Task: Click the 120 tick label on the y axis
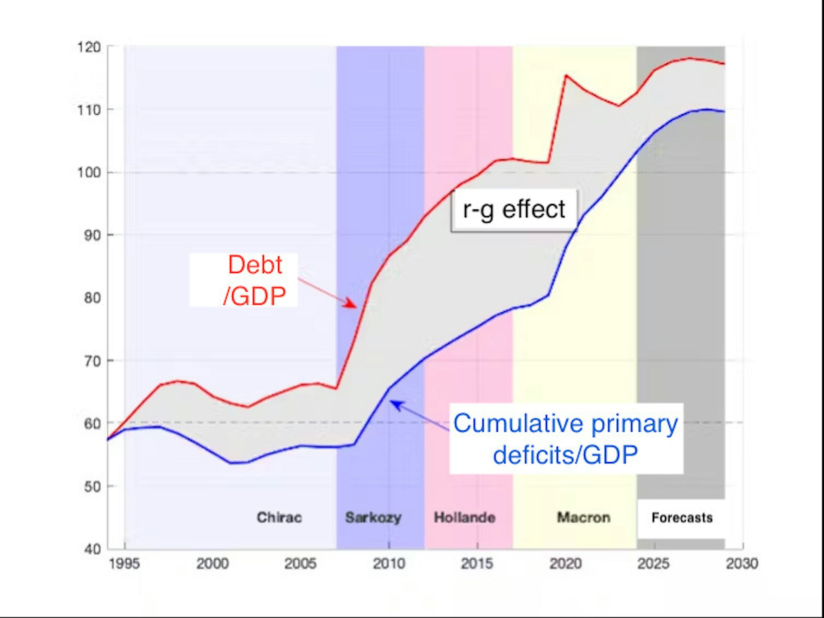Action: click(x=89, y=47)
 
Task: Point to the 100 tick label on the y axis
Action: click(x=89, y=173)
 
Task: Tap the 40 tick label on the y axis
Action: click(x=92, y=549)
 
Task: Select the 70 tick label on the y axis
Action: click(x=92, y=361)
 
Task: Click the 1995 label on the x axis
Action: click(x=124, y=563)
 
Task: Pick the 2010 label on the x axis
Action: click(x=389, y=563)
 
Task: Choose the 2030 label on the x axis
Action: click(x=742, y=563)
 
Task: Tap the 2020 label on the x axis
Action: click(x=566, y=563)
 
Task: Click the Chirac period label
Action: click(x=279, y=518)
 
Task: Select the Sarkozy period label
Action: click(x=373, y=518)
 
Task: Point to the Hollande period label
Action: click(x=465, y=518)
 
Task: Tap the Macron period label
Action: click(x=584, y=518)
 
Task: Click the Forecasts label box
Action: click(x=682, y=518)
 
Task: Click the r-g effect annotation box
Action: click(x=514, y=210)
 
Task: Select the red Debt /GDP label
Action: click(x=254, y=280)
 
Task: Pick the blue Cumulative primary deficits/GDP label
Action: click(x=566, y=438)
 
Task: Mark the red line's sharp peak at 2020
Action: click(x=566, y=76)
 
